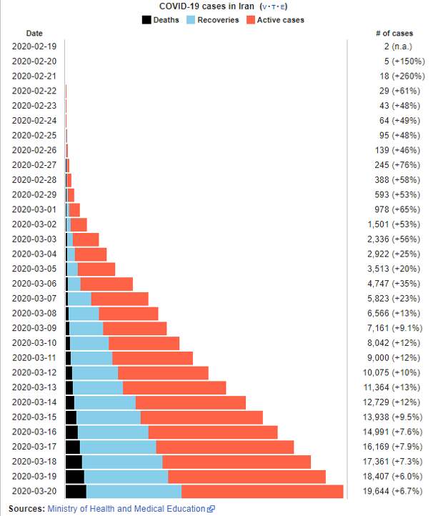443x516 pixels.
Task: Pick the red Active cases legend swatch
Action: click(x=250, y=20)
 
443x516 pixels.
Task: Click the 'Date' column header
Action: click(x=34, y=34)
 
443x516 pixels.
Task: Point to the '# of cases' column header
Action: click(x=394, y=34)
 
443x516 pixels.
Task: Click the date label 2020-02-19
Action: click(x=34, y=46)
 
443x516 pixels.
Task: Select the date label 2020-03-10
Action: click(x=34, y=343)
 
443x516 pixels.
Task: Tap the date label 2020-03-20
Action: click(x=34, y=491)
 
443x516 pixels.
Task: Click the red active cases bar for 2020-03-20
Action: click(x=262, y=491)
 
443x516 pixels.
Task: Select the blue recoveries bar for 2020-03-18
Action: click(x=122, y=462)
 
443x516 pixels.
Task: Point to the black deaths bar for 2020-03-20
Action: click(x=76, y=491)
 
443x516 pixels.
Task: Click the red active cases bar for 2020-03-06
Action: click(x=106, y=284)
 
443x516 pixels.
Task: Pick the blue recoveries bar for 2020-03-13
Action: click(x=98, y=387)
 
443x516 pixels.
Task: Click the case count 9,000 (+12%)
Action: click(x=396, y=358)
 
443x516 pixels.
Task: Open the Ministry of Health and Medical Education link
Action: click(x=126, y=509)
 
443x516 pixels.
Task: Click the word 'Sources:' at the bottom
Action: click(x=26, y=509)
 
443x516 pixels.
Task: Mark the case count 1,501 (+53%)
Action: click(x=396, y=224)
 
